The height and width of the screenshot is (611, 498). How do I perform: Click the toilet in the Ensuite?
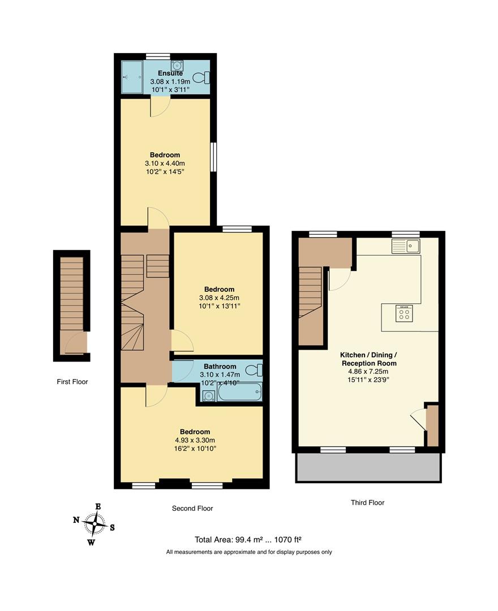[x=201, y=78]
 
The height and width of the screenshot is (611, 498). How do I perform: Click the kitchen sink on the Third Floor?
[x=405, y=246]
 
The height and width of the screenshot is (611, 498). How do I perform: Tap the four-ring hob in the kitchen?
[x=405, y=315]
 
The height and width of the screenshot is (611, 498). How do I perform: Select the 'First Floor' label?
[x=72, y=382]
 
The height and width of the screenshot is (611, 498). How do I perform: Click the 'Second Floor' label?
[x=192, y=509]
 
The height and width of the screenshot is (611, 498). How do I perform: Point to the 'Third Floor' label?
[x=368, y=502]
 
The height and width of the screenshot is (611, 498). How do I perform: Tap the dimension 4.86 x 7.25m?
[x=368, y=372]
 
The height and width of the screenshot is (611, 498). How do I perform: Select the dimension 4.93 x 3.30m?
[x=195, y=440]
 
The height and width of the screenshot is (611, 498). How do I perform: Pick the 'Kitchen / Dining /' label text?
[x=368, y=355]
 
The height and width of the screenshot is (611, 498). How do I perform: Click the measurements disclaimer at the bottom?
[x=249, y=552]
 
